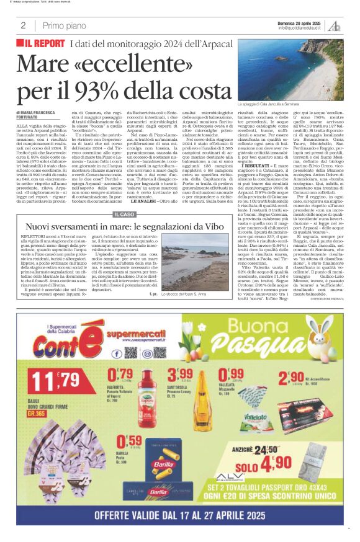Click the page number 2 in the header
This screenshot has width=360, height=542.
[23, 25]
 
